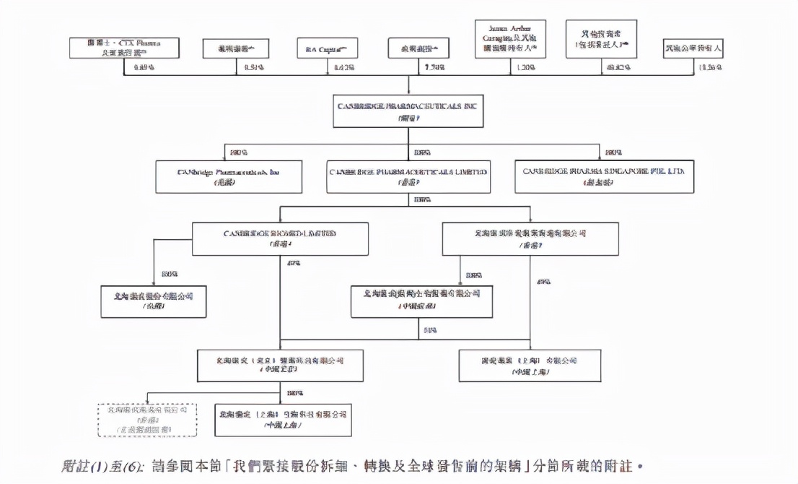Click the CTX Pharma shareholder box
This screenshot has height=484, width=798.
tap(124, 48)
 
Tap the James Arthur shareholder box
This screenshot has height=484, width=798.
tap(510, 39)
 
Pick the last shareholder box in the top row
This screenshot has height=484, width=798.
tap(693, 48)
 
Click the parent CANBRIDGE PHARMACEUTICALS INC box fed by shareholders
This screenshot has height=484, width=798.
tap(408, 111)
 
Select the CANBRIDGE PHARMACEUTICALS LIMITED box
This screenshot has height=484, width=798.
tap(408, 177)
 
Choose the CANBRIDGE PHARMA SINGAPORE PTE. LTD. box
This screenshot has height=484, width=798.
tap(604, 177)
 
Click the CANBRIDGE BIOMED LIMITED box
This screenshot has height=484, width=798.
tap(280, 239)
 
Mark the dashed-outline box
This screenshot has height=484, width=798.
tap(147, 420)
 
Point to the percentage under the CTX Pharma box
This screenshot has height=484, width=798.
tap(144, 68)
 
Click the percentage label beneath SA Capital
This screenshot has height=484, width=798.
tap(343, 68)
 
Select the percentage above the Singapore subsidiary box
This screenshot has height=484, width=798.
tap(614, 153)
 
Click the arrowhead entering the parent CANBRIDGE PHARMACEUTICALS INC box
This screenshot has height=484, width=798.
tap(408, 92)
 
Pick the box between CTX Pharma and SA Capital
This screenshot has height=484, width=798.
tap(235, 48)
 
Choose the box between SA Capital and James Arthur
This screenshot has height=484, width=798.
tap(418, 48)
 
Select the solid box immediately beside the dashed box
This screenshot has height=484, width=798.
tap(283, 420)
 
